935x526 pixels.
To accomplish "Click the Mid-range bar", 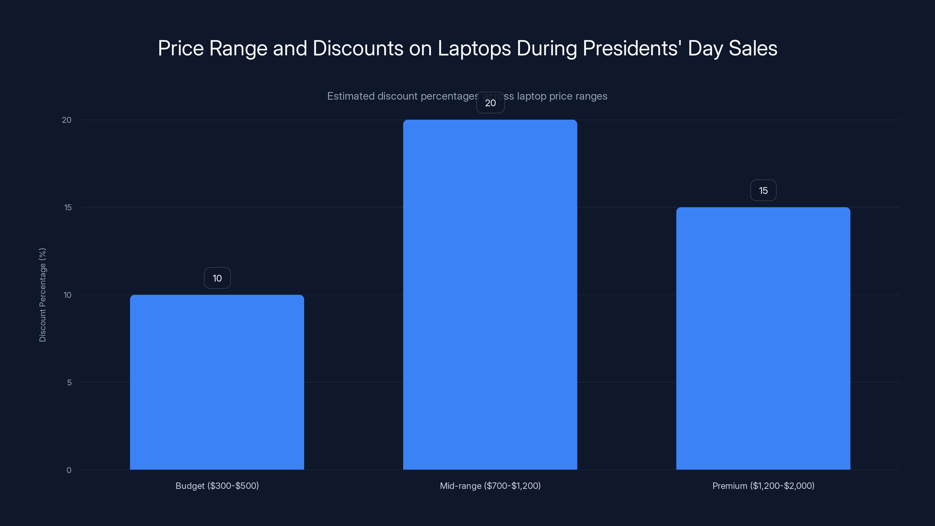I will [x=490, y=294].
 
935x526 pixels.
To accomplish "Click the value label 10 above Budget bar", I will [x=217, y=278].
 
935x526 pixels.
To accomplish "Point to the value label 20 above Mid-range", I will [x=490, y=103].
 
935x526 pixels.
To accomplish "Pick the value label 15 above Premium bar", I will [x=763, y=190].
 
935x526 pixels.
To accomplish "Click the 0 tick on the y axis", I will [x=69, y=470].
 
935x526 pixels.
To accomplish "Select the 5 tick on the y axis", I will [x=69, y=382].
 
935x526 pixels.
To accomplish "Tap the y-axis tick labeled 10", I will [x=67, y=295].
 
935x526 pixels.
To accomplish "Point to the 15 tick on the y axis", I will [x=68, y=207].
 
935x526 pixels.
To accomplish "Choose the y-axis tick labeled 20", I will [x=67, y=120].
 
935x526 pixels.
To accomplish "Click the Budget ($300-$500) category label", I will [x=217, y=486].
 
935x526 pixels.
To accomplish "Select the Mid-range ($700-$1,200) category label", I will [x=490, y=486].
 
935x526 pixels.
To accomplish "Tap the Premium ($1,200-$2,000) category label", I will [x=763, y=486].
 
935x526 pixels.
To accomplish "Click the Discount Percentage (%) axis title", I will [x=42, y=295].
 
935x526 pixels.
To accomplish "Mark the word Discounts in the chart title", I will [x=358, y=48].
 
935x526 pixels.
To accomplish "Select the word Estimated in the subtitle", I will [x=351, y=96].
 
